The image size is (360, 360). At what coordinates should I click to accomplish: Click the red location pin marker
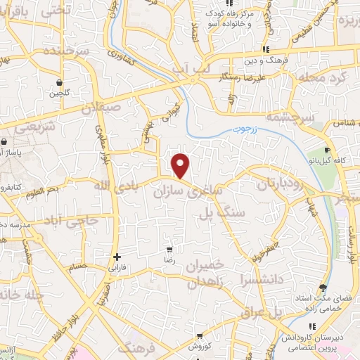pyautogui.click(x=181, y=166)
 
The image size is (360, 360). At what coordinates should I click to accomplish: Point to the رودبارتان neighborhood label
pyautogui.click(x=264, y=186)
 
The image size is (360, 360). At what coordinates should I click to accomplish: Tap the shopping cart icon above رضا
pyautogui.click(x=169, y=250)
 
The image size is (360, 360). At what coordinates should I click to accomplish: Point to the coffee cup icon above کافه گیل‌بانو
pyautogui.click(x=328, y=150)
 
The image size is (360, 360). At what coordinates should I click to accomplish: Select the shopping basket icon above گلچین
pyautogui.click(x=60, y=82)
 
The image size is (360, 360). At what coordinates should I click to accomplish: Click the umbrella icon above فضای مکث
pyautogui.click(x=323, y=288)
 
